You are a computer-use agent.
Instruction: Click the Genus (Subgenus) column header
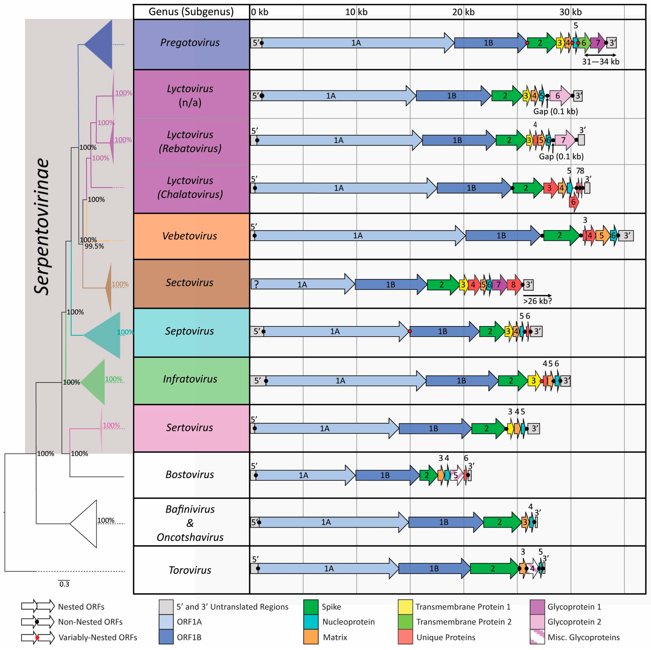click(x=191, y=12)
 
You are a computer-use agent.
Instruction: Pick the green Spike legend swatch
click(x=311, y=607)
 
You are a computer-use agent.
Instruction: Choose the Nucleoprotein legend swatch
click(x=311, y=622)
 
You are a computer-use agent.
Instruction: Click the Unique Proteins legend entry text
click(x=446, y=637)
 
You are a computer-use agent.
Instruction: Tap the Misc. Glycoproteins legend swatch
click(x=537, y=637)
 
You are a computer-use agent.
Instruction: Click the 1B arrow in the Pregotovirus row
click(x=489, y=43)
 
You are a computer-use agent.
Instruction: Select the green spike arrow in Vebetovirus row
click(x=560, y=235)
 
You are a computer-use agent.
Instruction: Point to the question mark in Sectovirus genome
click(x=256, y=285)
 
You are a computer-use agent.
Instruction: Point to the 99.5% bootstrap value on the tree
click(x=94, y=246)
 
